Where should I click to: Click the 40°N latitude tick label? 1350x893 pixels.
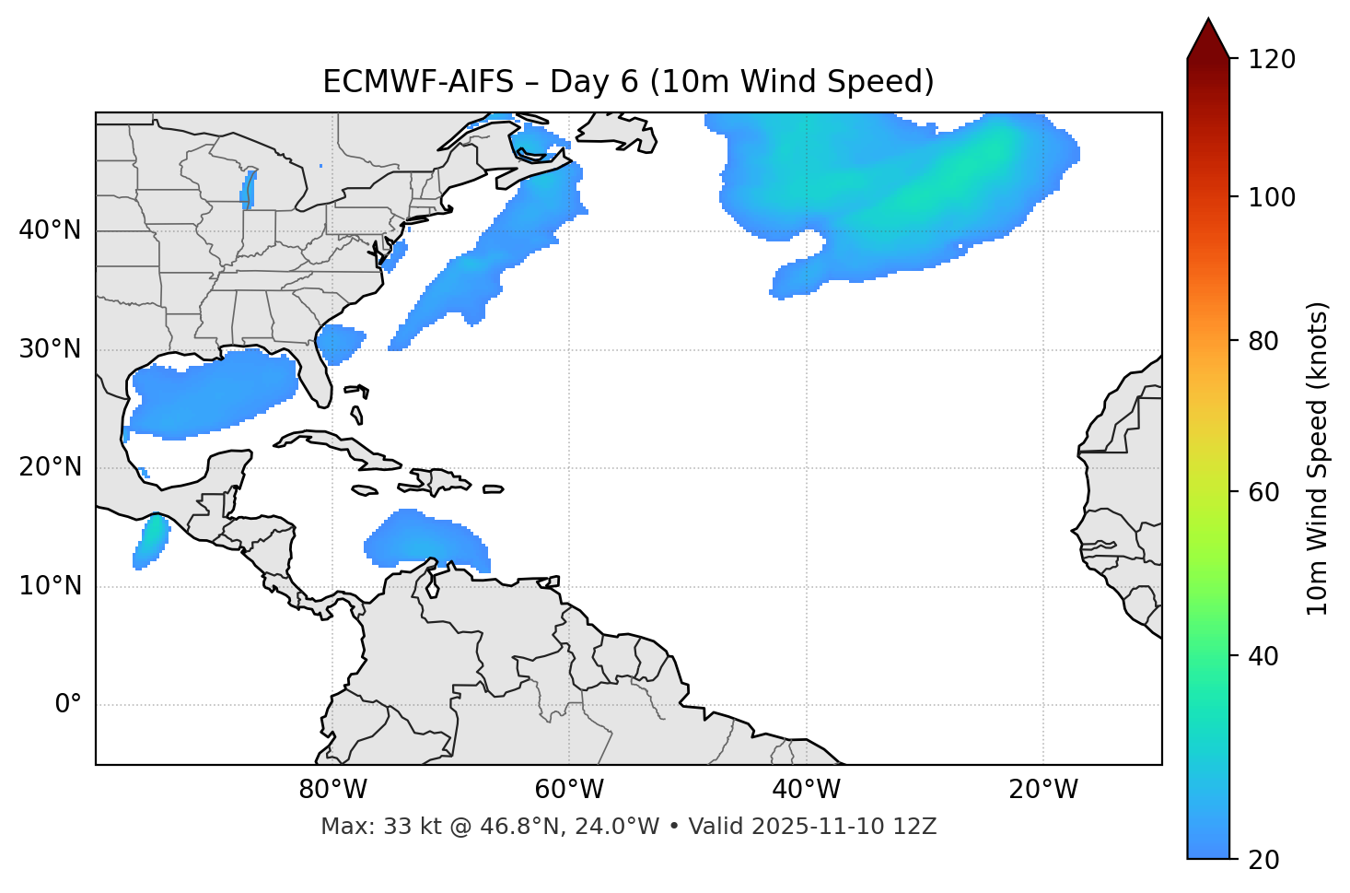50,230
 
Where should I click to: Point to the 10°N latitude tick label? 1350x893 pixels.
50,586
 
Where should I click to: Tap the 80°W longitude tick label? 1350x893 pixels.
332,790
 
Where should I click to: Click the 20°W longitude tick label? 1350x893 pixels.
1043,790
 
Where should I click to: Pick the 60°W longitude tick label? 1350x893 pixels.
569,790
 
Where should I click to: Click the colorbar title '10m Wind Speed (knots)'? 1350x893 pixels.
1318,458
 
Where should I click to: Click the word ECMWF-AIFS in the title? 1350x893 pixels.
418,82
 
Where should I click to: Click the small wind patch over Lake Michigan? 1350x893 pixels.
248,189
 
